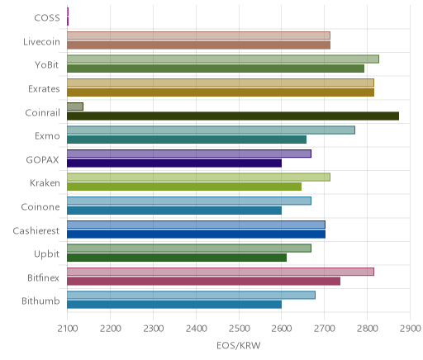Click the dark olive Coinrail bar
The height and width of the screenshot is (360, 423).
pos(233,116)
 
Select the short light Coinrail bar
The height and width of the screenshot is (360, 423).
pos(75,107)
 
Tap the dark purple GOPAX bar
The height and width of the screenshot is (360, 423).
pos(174,163)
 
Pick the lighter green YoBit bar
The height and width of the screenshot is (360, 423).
pos(223,59)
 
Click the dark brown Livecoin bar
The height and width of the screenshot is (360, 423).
pos(199,45)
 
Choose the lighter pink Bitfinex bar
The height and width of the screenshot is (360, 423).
pos(221,272)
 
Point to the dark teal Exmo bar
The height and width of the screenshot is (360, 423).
pos(187,140)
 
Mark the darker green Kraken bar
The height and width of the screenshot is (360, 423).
pos(184,187)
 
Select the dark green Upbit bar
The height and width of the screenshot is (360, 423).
pos(177,258)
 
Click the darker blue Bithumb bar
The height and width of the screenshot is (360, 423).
pos(174,305)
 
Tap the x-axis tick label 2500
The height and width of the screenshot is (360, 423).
pos(239,329)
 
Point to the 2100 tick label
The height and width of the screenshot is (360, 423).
pos(68,329)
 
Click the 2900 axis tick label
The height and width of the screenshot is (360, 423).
pos(411,329)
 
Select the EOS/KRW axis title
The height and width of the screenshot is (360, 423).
pos(239,345)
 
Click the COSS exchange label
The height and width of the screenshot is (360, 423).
pos(47,18)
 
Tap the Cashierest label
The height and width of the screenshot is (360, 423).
pos(36,230)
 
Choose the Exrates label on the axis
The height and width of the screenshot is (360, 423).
pos(44,89)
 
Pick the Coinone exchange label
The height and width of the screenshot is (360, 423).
pos(40,207)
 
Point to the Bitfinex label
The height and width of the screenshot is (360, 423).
pos(43,277)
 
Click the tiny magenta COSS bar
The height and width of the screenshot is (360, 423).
pos(68,17)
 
